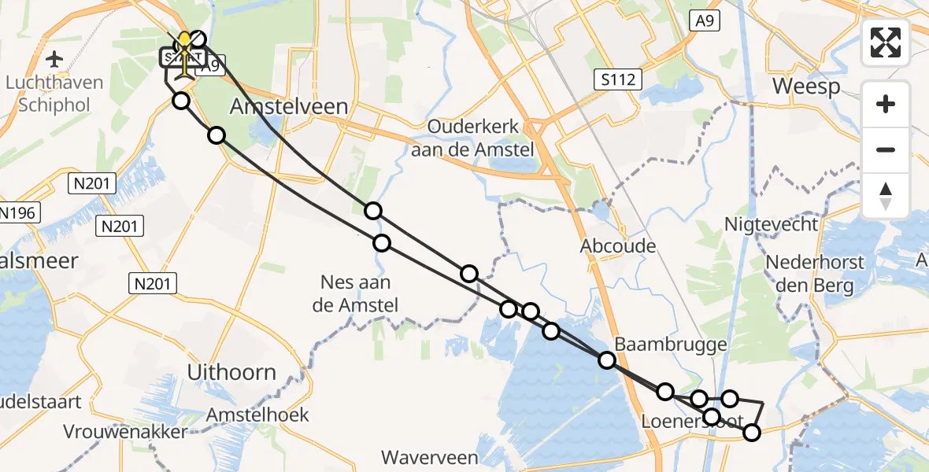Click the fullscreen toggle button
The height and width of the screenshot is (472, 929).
click(x=886, y=42)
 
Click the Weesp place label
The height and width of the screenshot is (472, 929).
click(x=805, y=86)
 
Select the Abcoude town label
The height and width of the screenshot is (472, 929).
click(x=618, y=246)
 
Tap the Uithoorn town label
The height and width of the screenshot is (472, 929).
click(x=233, y=372)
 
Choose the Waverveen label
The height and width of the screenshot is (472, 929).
click(x=429, y=457)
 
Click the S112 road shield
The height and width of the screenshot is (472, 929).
click(x=618, y=79)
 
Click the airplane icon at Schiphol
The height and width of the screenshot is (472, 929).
click(x=54, y=59)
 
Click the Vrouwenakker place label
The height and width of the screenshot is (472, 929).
click(x=126, y=432)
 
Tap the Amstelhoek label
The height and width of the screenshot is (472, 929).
click(x=258, y=415)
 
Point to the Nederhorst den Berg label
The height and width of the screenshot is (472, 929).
click(x=815, y=274)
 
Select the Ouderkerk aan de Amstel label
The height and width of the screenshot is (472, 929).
click(x=481, y=138)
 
